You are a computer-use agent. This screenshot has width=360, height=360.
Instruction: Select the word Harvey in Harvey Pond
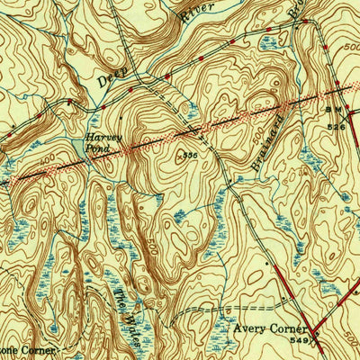pyautogui.click(x=97, y=138)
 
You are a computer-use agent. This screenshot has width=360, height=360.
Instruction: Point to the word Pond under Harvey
pyautogui.click(x=97, y=148)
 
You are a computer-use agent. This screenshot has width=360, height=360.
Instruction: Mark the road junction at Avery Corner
pyautogui.click(x=310, y=322)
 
